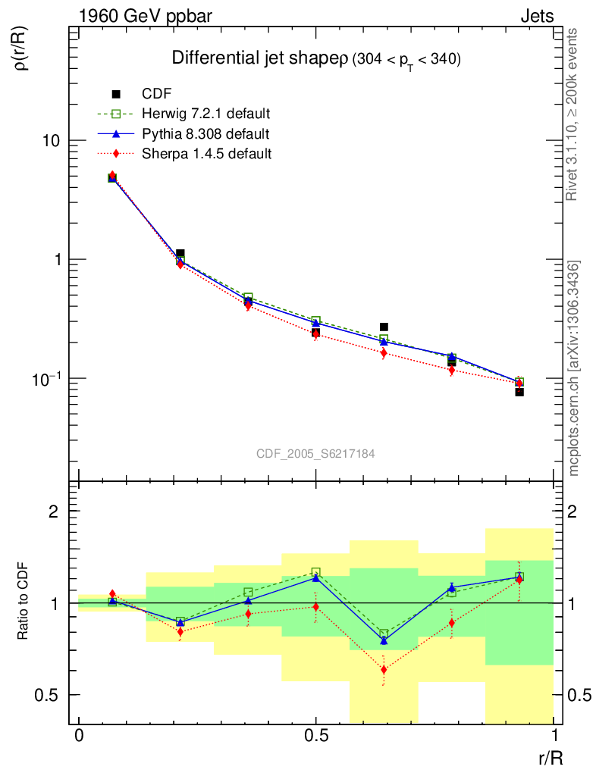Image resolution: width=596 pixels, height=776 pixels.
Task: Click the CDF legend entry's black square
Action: click(116, 94)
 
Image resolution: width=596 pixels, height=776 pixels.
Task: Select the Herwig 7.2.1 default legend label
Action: click(206, 114)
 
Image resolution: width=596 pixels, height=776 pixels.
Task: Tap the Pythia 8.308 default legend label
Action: click(205, 133)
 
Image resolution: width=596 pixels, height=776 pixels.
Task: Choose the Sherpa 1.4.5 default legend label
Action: click(206, 153)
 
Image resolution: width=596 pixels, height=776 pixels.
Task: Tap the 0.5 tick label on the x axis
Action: click(316, 737)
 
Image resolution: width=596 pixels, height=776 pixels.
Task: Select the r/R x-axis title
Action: click(548, 756)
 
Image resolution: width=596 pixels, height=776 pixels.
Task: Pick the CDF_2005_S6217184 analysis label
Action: click(315, 453)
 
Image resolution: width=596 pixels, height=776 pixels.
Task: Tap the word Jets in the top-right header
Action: click(537, 16)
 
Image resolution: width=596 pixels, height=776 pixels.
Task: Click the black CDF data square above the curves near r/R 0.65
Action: click(384, 327)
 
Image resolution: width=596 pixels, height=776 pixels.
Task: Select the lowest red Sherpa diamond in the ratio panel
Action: click(384, 669)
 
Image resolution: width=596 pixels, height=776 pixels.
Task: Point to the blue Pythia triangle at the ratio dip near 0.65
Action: click(384, 641)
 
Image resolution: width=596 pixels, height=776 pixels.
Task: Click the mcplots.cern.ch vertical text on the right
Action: click(574, 368)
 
